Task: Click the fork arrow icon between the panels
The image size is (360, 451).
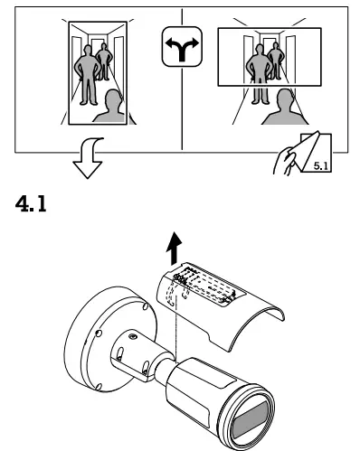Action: (180, 54)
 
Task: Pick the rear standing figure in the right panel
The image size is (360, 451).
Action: (274, 66)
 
